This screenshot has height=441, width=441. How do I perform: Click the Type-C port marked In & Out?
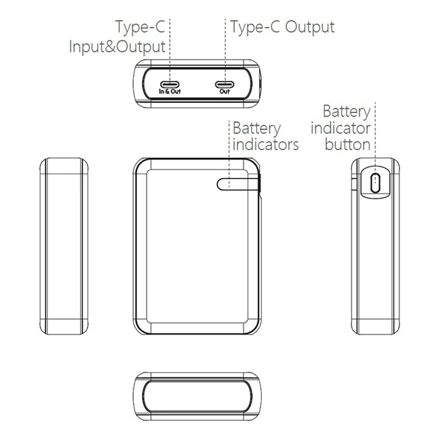(x=170, y=84)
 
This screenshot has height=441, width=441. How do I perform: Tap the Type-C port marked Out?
(x=225, y=84)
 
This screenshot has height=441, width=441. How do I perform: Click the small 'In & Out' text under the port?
(x=170, y=92)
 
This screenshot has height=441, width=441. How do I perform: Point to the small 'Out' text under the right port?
(x=225, y=92)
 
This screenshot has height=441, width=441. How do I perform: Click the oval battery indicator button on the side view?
(x=375, y=183)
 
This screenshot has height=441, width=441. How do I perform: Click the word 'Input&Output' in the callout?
(x=117, y=47)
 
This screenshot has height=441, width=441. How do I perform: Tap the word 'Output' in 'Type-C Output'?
(x=310, y=28)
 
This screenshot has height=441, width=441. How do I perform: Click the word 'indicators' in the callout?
(x=266, y=144)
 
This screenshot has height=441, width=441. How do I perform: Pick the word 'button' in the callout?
(x=348, y=144)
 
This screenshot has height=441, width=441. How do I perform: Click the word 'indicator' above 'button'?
(x=341, y=128)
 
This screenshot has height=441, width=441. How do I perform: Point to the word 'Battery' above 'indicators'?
(x=257, y=128)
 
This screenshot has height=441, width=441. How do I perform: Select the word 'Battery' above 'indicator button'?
(x=347, y=112)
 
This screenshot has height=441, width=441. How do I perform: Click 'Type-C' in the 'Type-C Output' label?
(x=255, y=27)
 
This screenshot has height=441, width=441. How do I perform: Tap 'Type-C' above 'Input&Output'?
(x=140, y=27)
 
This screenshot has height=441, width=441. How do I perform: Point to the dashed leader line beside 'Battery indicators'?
(x=229, y=154)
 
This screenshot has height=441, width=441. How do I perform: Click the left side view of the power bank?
(x=64, y=246)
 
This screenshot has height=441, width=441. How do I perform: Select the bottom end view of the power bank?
(x=197, y=396)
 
